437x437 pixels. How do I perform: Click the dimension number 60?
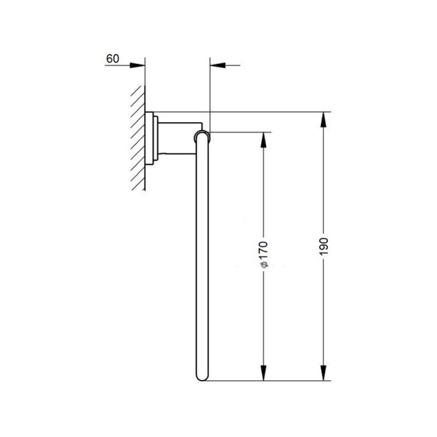pos(113,58)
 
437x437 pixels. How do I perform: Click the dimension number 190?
pos(323,246)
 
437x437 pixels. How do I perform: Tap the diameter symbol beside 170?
pos(264,265)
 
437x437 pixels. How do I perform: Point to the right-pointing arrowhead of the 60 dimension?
pos(138,66)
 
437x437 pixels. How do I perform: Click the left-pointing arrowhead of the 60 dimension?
pos(217,66)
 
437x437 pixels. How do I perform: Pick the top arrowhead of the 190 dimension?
pos(323,120)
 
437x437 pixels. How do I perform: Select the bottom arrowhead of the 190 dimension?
pos(323,373)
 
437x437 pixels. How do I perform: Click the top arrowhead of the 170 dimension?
pos(264,140)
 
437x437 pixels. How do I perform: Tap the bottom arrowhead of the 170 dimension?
pos(264,373)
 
